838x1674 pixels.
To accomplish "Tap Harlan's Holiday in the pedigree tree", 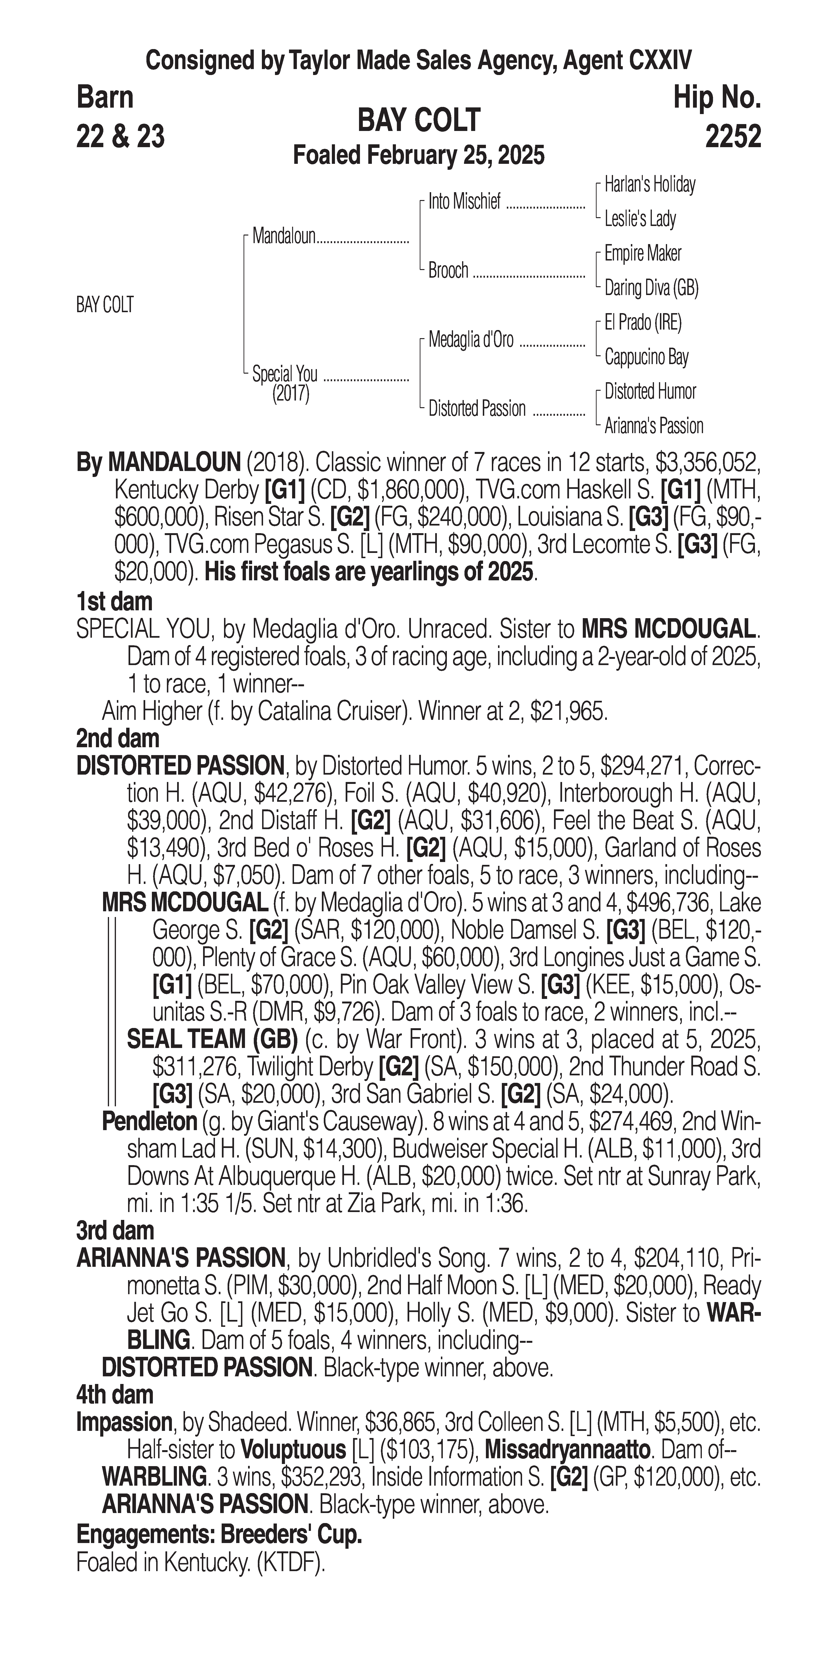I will point(650,185).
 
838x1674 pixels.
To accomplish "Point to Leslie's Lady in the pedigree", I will point(640,219).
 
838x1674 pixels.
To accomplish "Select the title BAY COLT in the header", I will point(418,120).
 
